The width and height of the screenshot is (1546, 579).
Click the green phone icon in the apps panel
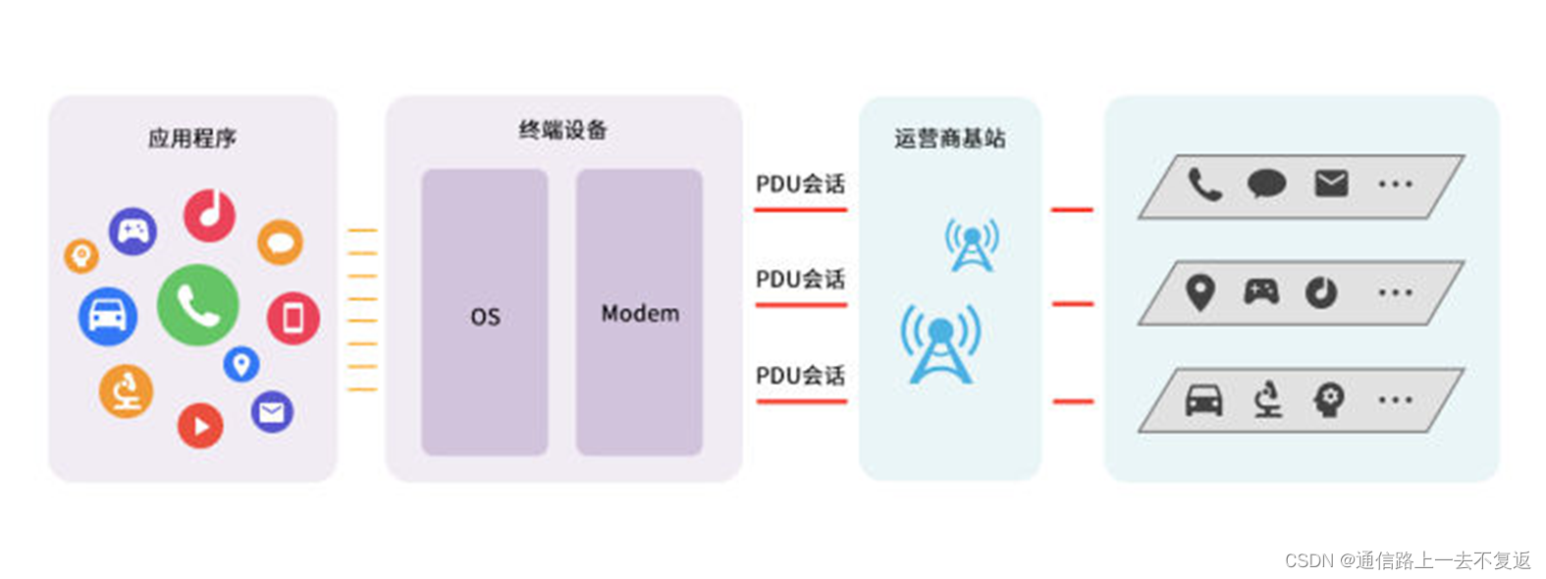point(197,305)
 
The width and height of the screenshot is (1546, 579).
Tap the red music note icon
point(209,215)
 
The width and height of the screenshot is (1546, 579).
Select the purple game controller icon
point(133,232)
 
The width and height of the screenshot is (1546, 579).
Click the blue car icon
point(107,316)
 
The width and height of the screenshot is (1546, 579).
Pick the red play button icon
point(200,426)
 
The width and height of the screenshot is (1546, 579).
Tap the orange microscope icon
point(126,391)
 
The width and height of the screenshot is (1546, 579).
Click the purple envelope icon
point(272,412)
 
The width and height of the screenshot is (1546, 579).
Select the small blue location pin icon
point(241,364)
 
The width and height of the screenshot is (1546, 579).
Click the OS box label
point(485,317)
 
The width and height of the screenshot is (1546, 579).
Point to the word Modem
point(640,314)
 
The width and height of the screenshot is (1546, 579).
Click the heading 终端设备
point(563,131)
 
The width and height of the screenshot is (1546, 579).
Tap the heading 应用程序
point(192,138)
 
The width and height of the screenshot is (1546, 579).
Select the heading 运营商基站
point(949,138)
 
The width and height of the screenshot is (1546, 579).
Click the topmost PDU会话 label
point(800,184)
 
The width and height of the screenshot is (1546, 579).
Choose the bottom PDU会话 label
point(800,376)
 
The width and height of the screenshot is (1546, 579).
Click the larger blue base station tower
point(940,344)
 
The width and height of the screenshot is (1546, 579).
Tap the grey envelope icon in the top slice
point(1331,184)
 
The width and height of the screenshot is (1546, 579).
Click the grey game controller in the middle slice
point(1261,291)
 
